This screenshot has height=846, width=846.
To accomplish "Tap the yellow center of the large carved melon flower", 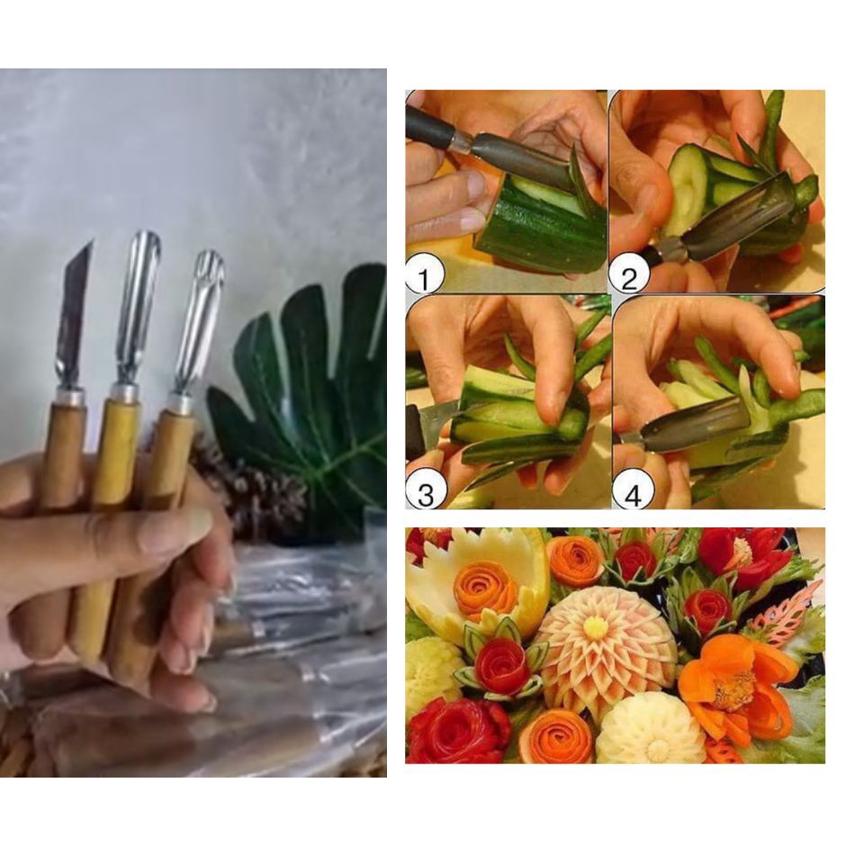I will coord(595,626).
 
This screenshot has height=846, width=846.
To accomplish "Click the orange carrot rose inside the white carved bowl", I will coord(485,589).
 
